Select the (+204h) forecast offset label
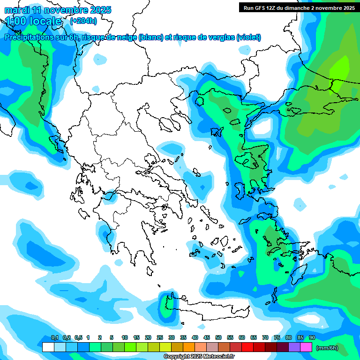83,21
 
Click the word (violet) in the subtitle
248,37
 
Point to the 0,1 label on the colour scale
54,337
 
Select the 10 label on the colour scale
125,337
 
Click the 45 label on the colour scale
207,337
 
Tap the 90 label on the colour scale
312,337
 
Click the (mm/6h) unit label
327,348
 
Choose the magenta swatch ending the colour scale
306,347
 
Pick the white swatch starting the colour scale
48,347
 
